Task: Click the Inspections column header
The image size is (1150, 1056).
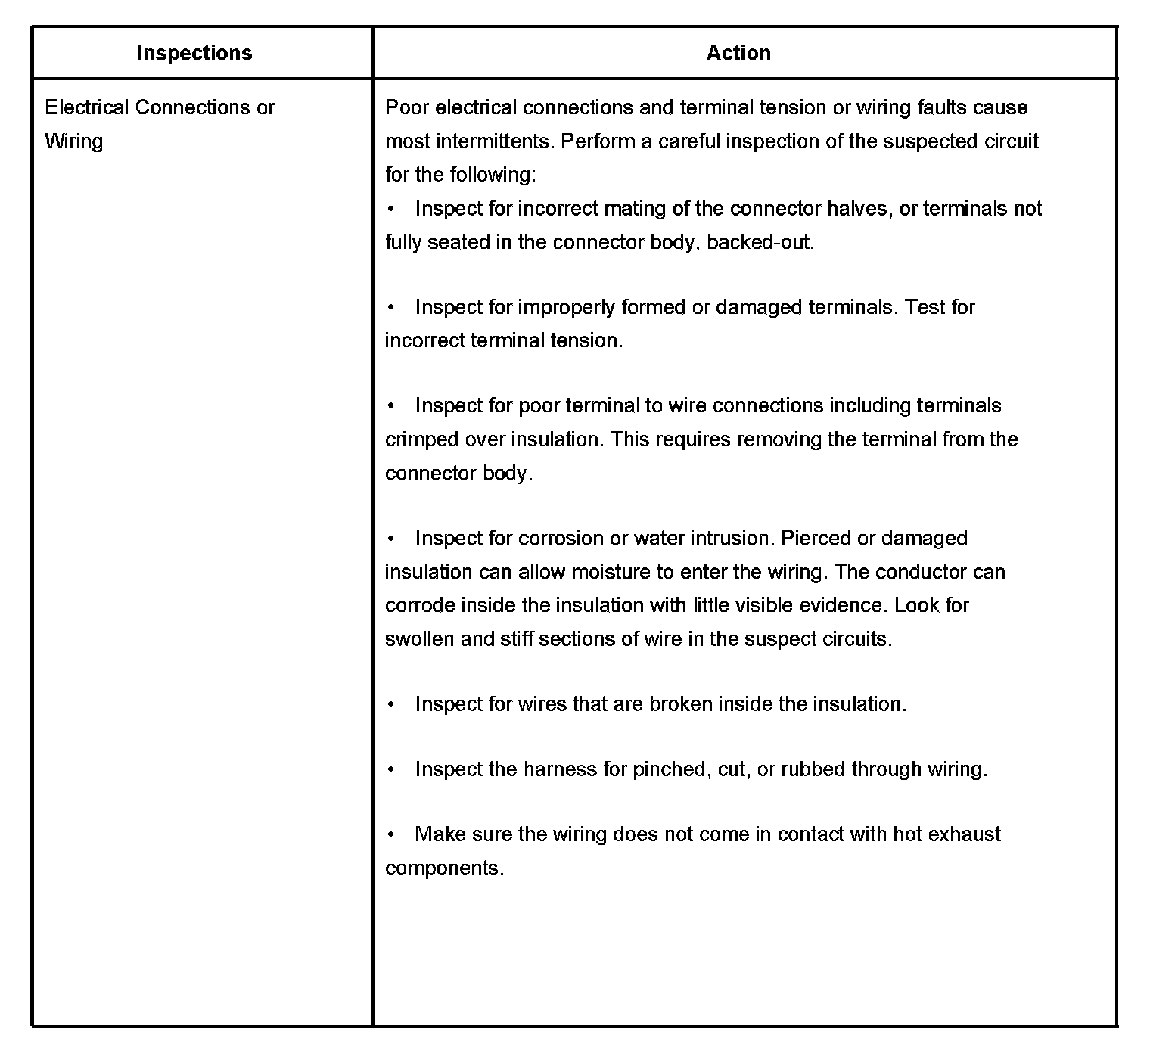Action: tap(194, 53)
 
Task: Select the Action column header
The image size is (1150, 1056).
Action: tap(738, 53)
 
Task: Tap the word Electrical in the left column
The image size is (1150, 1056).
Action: tap(87, 107)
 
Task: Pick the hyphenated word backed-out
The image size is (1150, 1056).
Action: tap(760, 242)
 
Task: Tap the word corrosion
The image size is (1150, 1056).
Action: tap(561, 538)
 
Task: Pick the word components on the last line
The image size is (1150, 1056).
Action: tap(443, 868)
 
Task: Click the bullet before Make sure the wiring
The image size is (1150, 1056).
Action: tap(391, 834)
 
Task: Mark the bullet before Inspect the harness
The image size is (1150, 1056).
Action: tap(391, 769)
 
